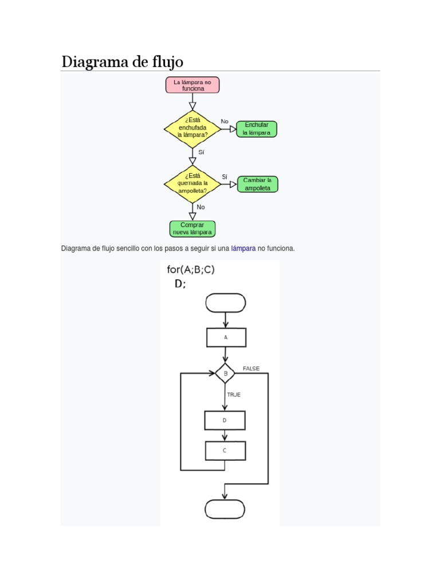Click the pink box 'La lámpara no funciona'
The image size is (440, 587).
click(x=192, y=85)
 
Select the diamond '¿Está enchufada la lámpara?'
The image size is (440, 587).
click(x=192, y=129)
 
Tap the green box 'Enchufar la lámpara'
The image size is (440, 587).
click(x=256, y=129)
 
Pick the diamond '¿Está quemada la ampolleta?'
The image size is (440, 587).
click(x=192, y=184)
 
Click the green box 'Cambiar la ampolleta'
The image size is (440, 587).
click(x=257, y=184)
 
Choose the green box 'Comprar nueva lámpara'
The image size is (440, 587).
click(x=192, y=229)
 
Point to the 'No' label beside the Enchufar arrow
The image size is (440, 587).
click(x=225, y=122)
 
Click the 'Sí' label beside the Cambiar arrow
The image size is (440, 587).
click(x=225, y=177)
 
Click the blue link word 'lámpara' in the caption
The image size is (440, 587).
click(x=243, y=249)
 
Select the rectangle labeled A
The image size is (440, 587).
click(x=226, y=338)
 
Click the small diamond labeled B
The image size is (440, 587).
click(x=225, y=373)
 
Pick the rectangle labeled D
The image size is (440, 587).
click(x=225, y=420)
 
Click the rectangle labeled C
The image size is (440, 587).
click(x=225, y=451)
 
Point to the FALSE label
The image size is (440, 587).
click(x=251, y=369)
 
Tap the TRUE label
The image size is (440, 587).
click(x=234, y=394)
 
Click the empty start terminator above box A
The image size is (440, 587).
click(x=225, y=303)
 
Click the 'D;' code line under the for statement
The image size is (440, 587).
click(x=180, y=284)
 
